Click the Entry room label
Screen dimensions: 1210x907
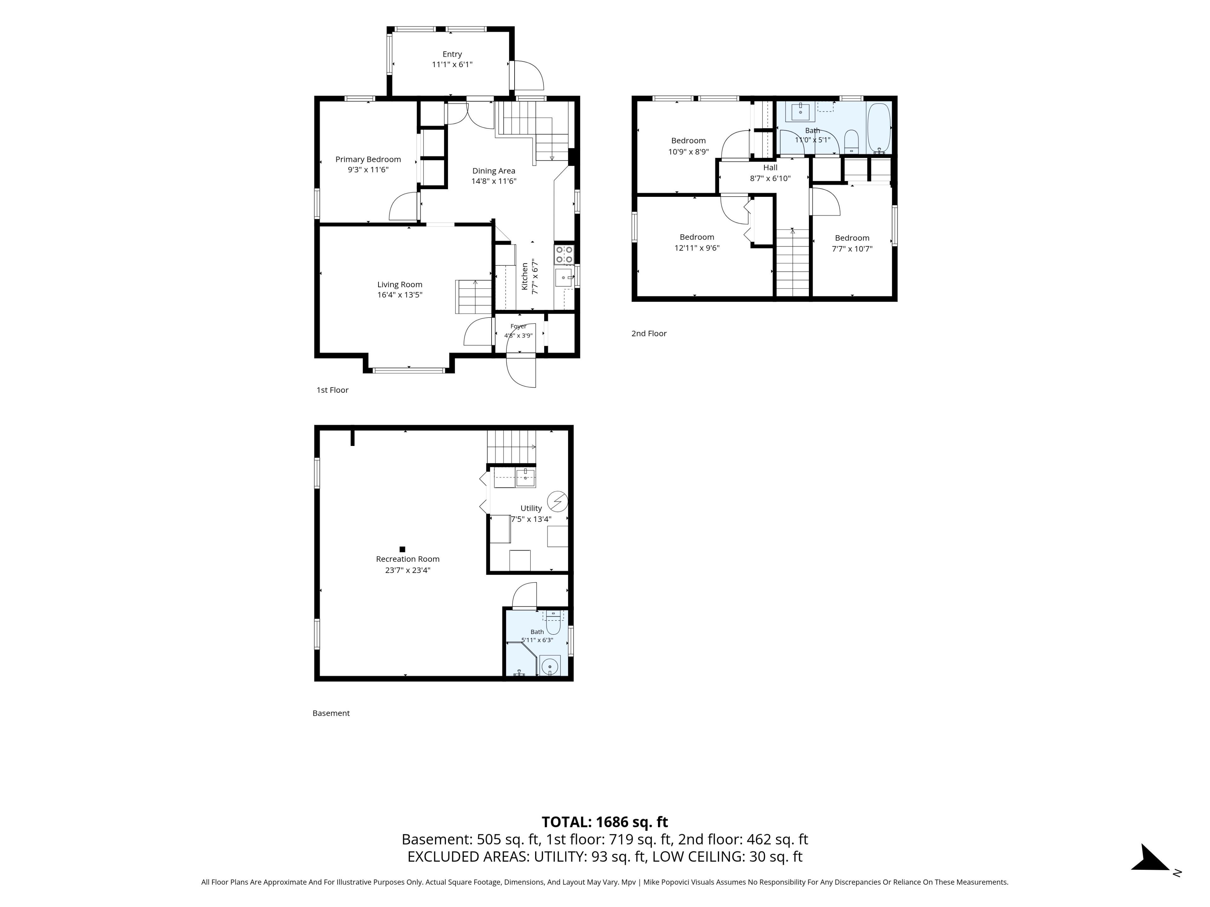[452, 54]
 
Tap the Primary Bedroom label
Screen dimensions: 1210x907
[368, 159]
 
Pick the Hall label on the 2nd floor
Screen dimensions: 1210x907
[770, 167]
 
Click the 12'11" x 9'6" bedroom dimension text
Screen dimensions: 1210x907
[697, 248]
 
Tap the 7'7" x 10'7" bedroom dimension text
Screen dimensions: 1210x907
[852, 249]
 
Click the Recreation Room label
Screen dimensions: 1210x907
[407, 559]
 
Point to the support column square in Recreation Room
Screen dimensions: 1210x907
[402, 549]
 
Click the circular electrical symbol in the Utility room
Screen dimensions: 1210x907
[557, 501]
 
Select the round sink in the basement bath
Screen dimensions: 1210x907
[550, 666]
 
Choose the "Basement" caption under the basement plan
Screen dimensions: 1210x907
[331, 713]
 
